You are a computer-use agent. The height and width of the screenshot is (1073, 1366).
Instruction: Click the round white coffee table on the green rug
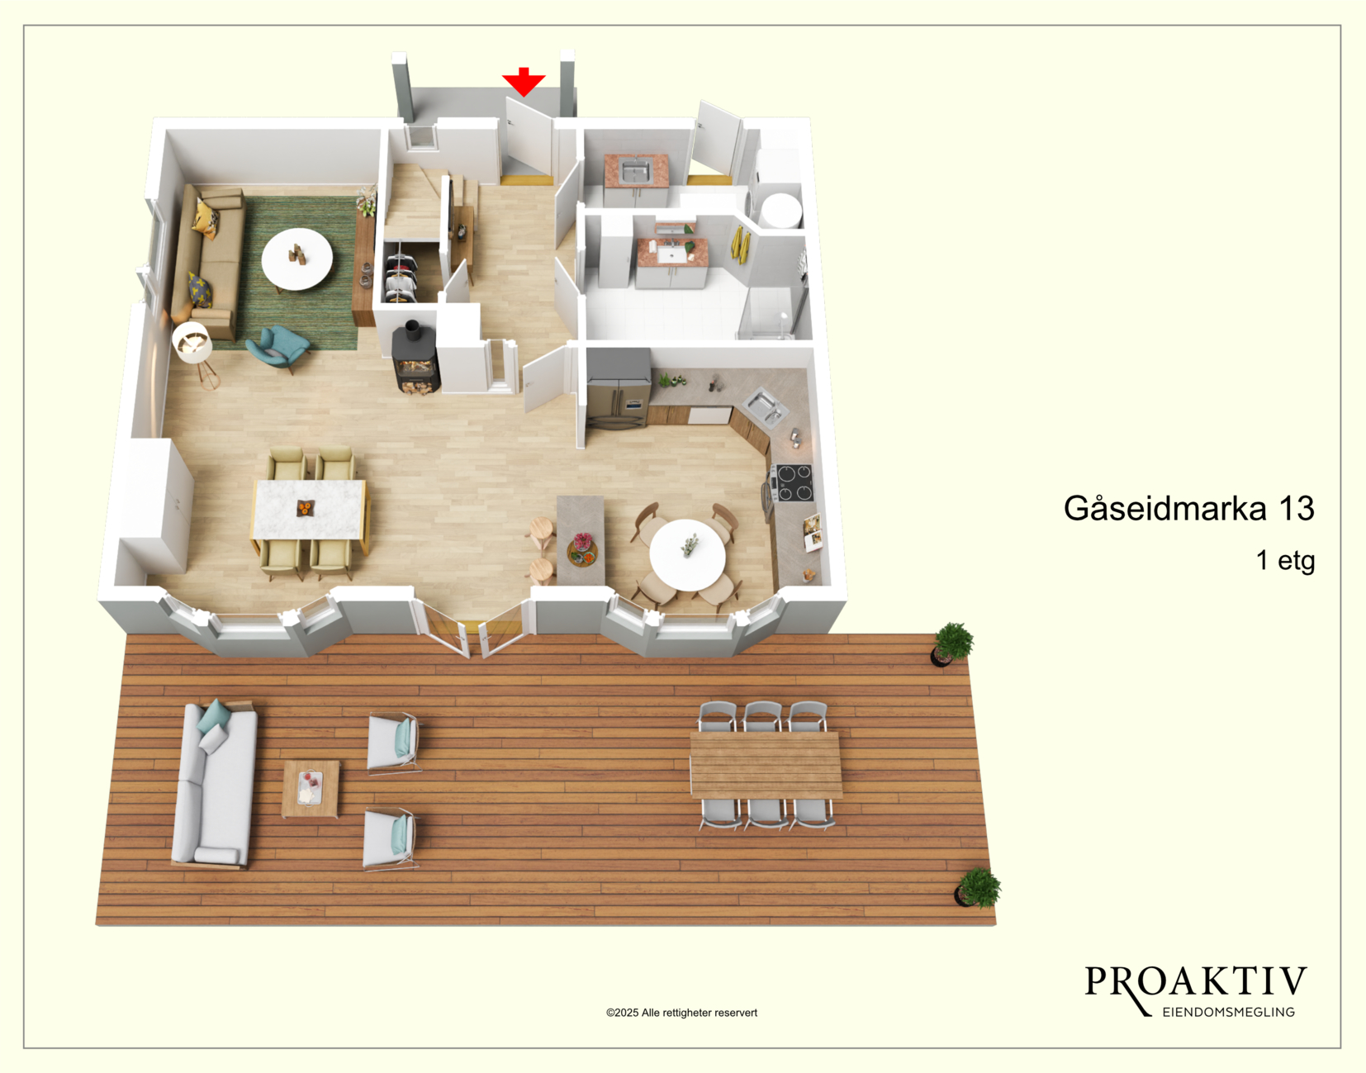tap(296, 259)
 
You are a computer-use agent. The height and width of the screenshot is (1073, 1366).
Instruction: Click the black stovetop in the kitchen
tap(794, 482)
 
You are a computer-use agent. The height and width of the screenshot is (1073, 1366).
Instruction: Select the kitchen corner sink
tap(765, 406)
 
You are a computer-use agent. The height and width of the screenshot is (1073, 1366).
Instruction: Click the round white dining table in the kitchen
tap(687, 555)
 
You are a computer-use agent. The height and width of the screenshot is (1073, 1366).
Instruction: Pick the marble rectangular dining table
tap(309, 509)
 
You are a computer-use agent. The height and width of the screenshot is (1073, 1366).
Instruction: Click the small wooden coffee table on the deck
tap(310, 788)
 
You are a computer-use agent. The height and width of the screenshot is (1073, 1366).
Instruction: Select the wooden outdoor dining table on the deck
tap(766, 765)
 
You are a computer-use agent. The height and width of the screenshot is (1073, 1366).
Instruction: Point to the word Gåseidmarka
tap(1164, 509)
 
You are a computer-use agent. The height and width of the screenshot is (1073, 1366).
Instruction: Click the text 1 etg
tap(1285, 560)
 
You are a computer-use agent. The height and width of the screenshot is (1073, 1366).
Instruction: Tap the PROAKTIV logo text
tap(1196, 983)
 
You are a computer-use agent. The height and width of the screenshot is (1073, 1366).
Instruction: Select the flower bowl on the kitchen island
tap(583, 549)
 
